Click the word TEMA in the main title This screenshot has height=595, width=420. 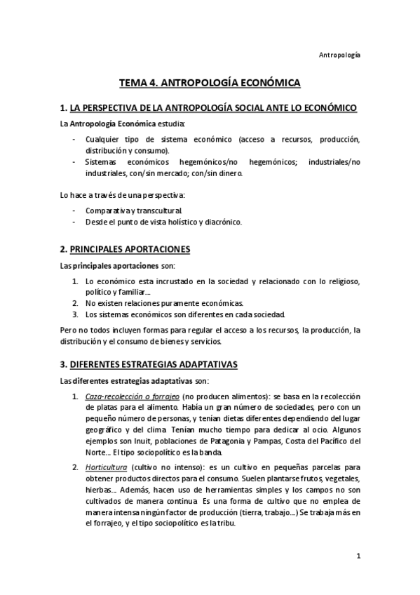134,83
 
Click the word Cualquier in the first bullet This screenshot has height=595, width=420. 104,139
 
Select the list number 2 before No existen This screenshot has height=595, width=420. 76,302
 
